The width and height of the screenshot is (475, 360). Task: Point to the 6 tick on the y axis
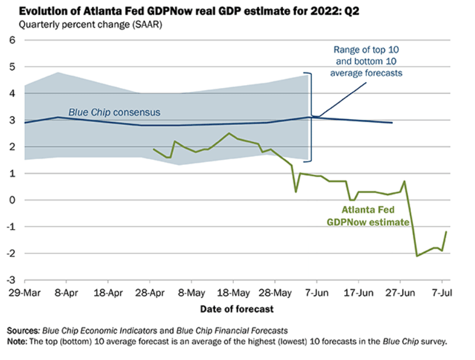tap(11, 40)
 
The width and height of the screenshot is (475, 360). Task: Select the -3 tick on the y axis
tap(9, 280)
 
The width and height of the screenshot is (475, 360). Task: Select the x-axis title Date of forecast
tap(237, 309)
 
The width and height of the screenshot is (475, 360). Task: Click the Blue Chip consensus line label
tap(114, 112)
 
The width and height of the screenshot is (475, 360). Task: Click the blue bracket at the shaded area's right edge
tap(311, 116)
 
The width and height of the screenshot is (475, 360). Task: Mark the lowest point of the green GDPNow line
tap(417, 256)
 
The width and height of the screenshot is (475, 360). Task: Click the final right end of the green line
tap(446, 232)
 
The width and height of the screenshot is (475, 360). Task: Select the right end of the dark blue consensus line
tap(392, 123)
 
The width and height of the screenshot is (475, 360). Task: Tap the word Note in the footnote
tap(17, 341)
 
